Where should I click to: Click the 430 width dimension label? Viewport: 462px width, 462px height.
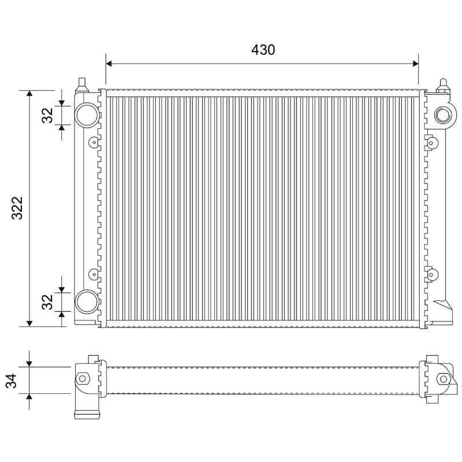click(x=263, y=50)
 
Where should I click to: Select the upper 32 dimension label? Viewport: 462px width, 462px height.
click(x=47, y=115)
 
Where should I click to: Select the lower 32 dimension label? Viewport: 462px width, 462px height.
click(x=47, y=301)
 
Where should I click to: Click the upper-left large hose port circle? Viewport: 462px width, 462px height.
click(x=87, y=114)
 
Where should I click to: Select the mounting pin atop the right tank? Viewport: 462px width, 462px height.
click(x=444, y=84)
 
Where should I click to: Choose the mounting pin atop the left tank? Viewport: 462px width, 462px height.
click(x=81, y=82)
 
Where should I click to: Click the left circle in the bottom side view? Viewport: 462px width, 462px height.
click(x=82, y=378)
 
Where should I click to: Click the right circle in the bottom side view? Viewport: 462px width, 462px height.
click(x=444, y=378)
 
